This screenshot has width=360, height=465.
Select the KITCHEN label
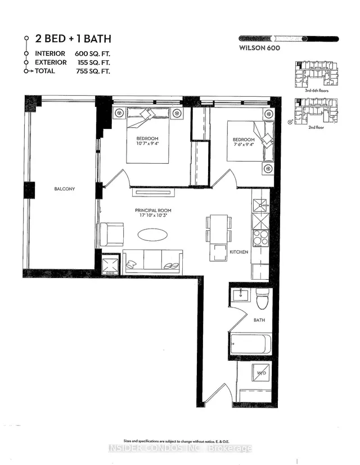click(x=239, y=252)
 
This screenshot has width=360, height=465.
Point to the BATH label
click(x=259, y=320)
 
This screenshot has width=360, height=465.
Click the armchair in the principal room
click(x=111, y=234)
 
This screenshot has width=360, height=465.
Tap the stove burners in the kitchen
click(x=260, y=238)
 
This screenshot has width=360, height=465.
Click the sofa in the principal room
click(x=152, y=261)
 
